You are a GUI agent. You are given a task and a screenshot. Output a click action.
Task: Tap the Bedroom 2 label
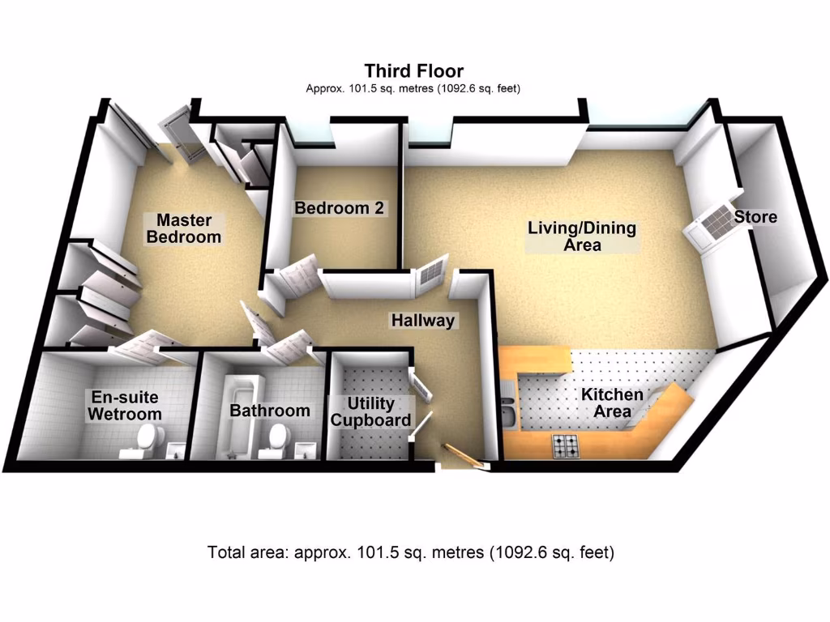pos(339,208)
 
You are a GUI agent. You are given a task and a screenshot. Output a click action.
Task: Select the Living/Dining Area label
pos(582,236)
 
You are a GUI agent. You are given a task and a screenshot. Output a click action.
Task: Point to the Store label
pos(755,217)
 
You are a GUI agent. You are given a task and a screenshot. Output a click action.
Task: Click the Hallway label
pos(423,321)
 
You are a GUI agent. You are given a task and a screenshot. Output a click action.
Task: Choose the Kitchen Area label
pos(612,403)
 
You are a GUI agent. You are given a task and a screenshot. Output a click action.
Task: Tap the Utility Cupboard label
pos(370,411)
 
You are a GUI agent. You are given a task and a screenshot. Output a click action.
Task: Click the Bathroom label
pos(270,411)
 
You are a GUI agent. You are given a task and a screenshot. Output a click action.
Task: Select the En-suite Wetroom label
pos(124,406)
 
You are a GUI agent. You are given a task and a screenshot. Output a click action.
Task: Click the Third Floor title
pos(413,71)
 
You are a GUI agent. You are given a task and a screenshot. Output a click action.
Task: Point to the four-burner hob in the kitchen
pos(566,445)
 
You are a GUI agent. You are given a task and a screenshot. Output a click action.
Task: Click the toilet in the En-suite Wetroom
pos(144,441)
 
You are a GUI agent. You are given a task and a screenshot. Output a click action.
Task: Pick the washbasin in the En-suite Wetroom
pos(173,450)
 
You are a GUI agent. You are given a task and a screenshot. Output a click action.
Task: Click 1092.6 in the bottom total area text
pos(516,554)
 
